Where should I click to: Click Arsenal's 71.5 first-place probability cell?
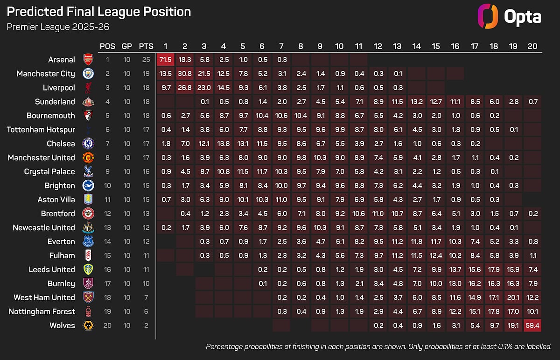[165, 59]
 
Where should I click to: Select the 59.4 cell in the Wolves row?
[532, 325]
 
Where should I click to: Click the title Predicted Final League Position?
[98, 12]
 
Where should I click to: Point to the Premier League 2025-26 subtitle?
[58, 27]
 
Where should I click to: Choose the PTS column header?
[146, 46]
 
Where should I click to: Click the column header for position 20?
[532, 46]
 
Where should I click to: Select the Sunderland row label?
[55, 101]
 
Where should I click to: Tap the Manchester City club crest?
[88, 73]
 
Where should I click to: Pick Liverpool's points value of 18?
[146, 87]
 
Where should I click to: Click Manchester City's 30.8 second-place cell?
[185, 73]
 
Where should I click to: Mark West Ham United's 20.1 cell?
[512, 297]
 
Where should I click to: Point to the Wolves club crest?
[88, 325]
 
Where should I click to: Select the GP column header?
[126, 46]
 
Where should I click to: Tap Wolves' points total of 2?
[146, 325]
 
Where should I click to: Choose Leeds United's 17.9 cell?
[493, 269]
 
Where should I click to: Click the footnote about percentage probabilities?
[378, 346]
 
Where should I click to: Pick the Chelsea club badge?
[88, 143]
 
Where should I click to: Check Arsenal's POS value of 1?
[107, 59]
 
